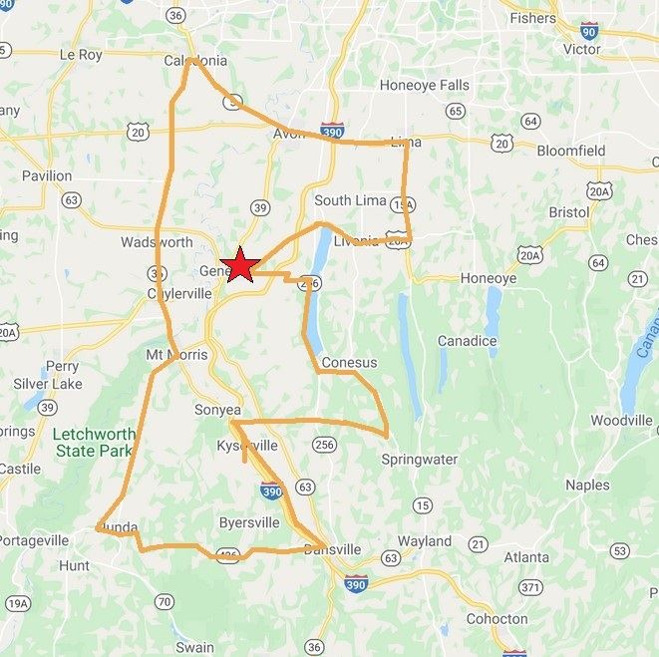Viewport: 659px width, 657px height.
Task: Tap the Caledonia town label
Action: pyautogui.click(x=195, y=61)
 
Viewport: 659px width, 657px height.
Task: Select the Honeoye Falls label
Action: pyautogui.click(x=424, y=86)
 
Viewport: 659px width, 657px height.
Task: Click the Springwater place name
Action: pyautogui.click(x=420, y=460)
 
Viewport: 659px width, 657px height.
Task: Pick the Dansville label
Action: pyautogui.click(x=332, y=549)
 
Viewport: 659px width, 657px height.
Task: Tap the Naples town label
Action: pyautogui.click(x=587, y=485)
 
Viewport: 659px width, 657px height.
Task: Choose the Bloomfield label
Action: pyautogui.click(x=571, y=151)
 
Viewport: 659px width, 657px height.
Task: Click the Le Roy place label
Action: pyautogui.click(x=81, y=55)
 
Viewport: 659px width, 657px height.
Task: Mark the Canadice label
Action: pyautogui.click(x=467, y=341)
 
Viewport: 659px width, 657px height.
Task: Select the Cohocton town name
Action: pyautogui.click(x=496, y=618)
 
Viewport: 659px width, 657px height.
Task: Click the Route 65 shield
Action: pyautogui.click(x=456, y=111)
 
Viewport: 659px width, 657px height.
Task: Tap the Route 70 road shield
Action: pyautogui.click(x=164, y=601)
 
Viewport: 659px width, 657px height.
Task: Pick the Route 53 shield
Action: pyautogui.click(x=620, y=550)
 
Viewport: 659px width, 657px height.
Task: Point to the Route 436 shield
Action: pyautogui.click(x=228, y=556)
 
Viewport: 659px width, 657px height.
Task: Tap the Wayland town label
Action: pyautogui.click(x=425, y=541)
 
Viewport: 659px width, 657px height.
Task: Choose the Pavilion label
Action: pyautogui.click(x=47, y=175)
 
